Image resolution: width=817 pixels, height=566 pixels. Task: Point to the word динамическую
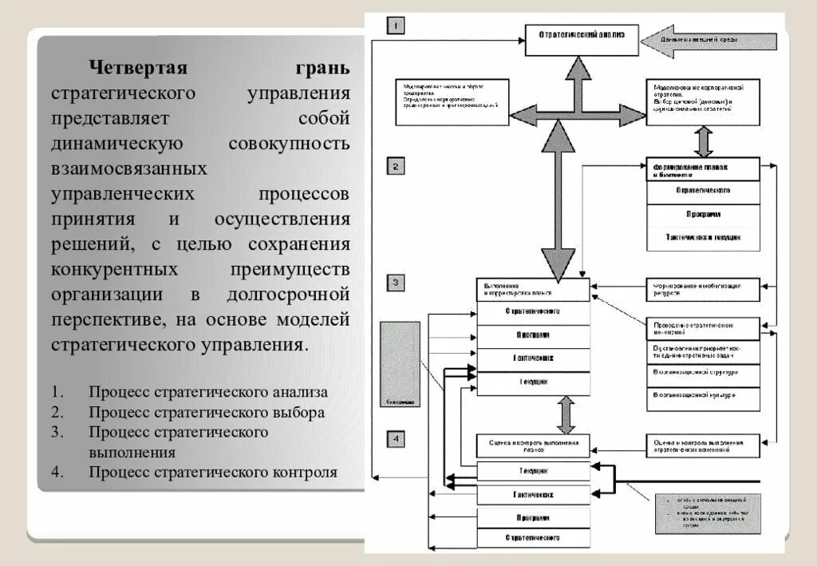tap(118, 144)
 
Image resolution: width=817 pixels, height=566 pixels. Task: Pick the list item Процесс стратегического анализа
tap(208, 392)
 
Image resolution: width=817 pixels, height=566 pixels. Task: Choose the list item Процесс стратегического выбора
tap(207, 413)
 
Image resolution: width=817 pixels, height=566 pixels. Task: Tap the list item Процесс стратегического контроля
tap(213, 472)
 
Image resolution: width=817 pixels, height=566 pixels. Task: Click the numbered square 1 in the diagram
tap(397, 26)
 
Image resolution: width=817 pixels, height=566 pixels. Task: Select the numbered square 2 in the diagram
tap(397, 166)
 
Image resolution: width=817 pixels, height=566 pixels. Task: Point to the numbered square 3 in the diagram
tap(397, 282)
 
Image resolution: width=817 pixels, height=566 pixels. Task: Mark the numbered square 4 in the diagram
tap(397, 437)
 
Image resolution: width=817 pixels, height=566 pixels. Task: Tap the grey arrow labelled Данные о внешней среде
tap(709, 41)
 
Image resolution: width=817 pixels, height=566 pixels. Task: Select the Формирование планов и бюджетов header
tap(702, 170)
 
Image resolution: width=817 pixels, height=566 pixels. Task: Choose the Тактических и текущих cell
tap(702, 238)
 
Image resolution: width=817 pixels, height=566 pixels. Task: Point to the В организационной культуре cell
tap(702, 396)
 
